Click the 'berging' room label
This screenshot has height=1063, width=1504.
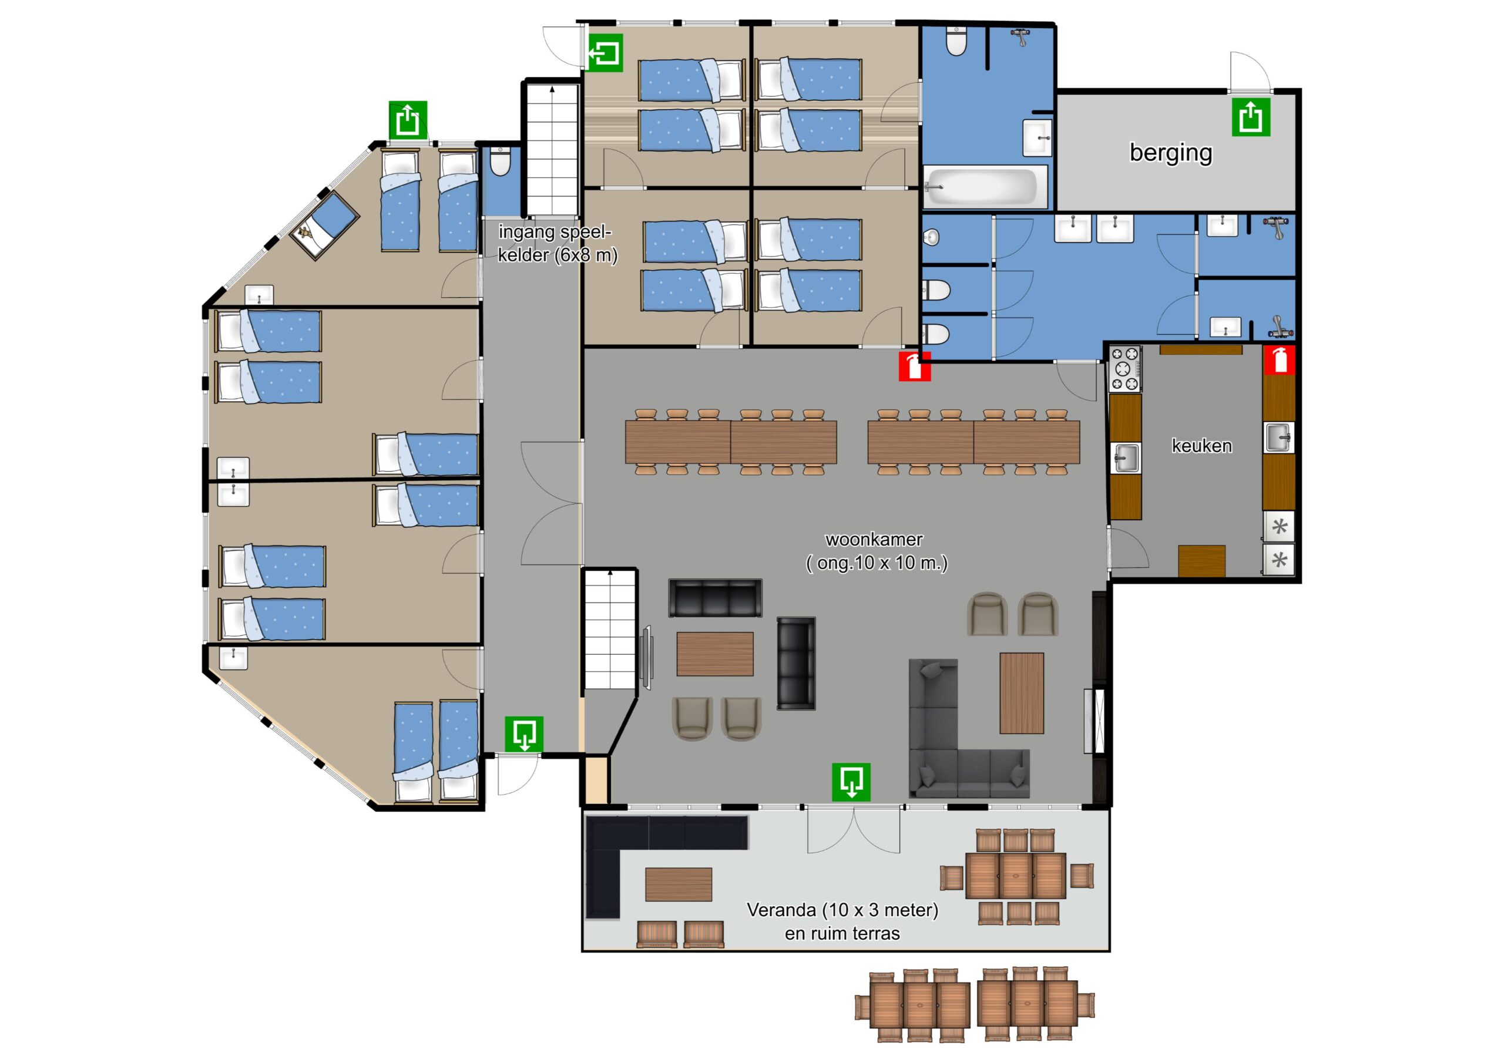point(1170,153)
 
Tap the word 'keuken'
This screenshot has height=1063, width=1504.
point(1201,445)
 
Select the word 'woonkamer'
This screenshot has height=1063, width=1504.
point(874,539)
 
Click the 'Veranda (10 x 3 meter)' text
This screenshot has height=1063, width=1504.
point(842,910)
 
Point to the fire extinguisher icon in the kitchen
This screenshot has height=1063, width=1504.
point(1280,359)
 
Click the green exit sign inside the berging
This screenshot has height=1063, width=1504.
point(1251,117)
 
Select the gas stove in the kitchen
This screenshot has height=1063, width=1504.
point(1124,369)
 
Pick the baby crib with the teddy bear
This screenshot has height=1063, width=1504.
point(324,226)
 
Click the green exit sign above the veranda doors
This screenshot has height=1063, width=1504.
point(851,781)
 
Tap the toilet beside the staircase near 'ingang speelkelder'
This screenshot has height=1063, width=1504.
point(500,162)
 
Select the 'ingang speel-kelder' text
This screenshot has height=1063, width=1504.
point(557,243)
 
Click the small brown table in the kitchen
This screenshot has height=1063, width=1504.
point(1201,561)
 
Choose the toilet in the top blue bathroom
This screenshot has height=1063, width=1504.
point(956,41)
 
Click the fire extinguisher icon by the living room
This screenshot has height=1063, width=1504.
point(915,365)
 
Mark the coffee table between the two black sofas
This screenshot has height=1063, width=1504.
point(714,654)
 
